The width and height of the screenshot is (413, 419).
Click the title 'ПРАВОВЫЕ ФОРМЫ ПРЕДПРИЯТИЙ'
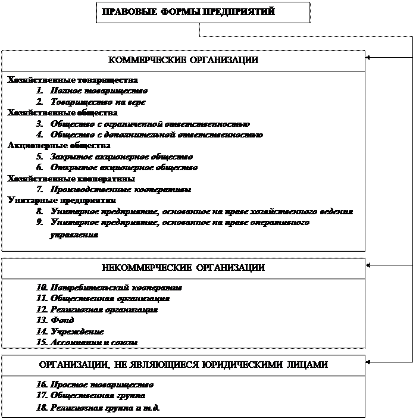[189, 12]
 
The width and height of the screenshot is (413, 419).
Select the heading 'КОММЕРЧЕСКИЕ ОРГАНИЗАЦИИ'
[183, 60]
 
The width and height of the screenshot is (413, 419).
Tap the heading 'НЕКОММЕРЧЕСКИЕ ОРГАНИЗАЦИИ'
[183, 268]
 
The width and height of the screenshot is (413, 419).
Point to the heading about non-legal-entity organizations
[183, 364]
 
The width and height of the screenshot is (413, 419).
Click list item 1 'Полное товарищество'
[99, 91]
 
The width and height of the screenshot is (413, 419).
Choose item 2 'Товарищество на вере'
[98, 102]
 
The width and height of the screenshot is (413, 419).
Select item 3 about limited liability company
[150, 124]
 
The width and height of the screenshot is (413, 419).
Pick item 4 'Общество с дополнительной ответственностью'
[157, 135]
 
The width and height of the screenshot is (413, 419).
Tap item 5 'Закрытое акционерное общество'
[121, 157]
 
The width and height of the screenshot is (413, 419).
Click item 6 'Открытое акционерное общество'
[124, 167]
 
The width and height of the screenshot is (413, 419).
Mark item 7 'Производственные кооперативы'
[121, 190]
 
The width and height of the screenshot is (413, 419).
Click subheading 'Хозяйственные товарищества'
[73, 80]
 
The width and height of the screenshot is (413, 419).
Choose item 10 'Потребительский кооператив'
[109, 287]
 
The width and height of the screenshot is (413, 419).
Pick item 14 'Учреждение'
[70, 332]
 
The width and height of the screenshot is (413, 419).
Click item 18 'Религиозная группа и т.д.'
[98, 408]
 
